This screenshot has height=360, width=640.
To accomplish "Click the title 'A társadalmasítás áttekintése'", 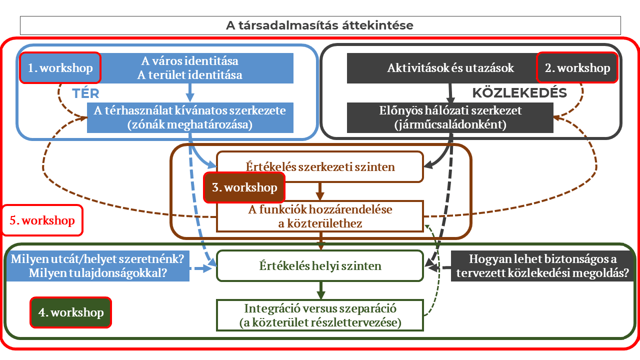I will (x=320, y=25).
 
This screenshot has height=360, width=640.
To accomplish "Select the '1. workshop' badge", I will (x=60, y=68).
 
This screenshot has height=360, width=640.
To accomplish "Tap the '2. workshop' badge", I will (x=577, y=68).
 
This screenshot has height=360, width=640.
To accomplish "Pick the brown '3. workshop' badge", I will (x=244, y=187).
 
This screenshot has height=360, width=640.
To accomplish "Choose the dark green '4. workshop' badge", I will (x=70, y=312).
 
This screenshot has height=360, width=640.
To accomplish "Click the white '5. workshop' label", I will (x=42, y=220).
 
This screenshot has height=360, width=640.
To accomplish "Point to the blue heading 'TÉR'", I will (x=85, y=93).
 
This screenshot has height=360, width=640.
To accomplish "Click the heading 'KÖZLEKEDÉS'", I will (x=519, y=93).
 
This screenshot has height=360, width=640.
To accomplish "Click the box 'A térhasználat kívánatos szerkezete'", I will (x=189, y=117).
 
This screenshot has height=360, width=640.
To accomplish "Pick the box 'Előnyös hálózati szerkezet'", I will (x=450, y=117).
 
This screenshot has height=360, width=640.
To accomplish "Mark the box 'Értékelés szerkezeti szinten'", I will (x=320, y=166).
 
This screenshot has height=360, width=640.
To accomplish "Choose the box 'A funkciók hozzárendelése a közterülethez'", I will (x=320, y=216).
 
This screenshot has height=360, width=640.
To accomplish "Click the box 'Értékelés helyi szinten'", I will (x=320, y=266).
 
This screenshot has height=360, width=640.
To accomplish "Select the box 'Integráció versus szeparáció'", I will (x=320, y=315).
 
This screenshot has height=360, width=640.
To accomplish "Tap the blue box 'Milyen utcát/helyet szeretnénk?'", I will (x=98, y=266).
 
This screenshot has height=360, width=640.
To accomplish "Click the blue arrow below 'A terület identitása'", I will (x=190, y=92).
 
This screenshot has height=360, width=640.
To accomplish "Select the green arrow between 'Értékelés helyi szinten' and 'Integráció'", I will (x=320, y=289).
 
